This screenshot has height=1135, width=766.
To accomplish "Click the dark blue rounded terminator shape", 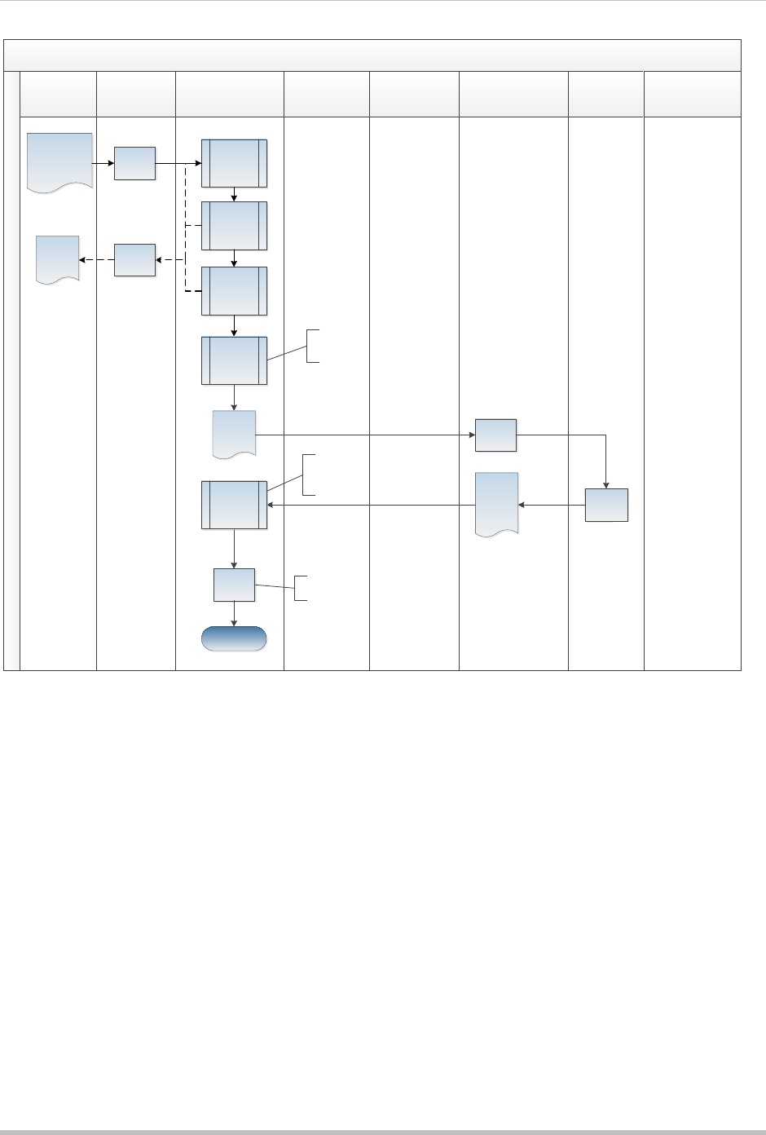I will pyautogui.click(x=234, y=638).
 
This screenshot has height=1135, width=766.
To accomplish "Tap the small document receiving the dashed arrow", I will pyautogui.click(x=58, y=258).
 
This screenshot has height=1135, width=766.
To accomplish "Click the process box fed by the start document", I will pyautogui.click(x=134, y=163).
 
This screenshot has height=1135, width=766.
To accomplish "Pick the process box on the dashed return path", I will pyautogui.click(x=134, y=259).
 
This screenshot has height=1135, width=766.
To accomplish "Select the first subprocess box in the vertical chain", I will pyautogui.click(x=234, y=163).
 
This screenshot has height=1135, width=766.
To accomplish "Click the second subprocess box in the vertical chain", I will pyautogui.click(x=234, y=225).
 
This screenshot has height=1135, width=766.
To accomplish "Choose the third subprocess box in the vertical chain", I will pyautogui.click(x=234, y=291).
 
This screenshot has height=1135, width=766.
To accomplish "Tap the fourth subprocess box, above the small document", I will pyautogui.click(x=234, y=360).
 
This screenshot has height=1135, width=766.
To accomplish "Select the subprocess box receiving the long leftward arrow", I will pyautogui.click(x=234, y=506).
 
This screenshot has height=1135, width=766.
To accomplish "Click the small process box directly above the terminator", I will pyautogui.click(x=234, y=585).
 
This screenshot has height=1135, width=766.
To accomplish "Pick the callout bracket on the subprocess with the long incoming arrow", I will pyautogui.click(x=305, y=474).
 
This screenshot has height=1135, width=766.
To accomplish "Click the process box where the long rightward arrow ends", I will pyautogui.click(x=495, y=435).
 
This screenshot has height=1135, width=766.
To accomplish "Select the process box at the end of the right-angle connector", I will pyautogui.click(x=606, y=505).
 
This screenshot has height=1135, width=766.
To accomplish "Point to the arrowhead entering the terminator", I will pyautogui.click(x=235, y=623).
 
